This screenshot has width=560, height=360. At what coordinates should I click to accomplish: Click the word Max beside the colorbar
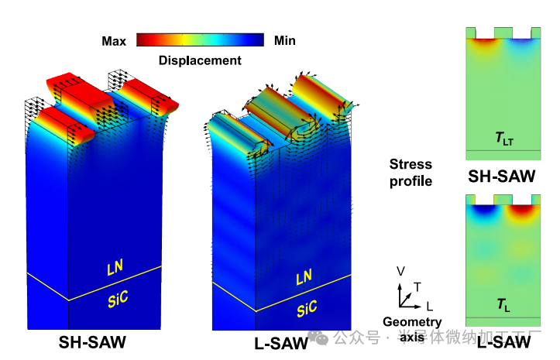point(114,40)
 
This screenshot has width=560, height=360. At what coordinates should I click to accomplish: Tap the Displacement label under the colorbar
point(199,60)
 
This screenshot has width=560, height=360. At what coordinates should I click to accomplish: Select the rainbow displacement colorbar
point(199,40)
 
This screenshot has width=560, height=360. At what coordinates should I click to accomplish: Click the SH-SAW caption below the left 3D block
point(92,341)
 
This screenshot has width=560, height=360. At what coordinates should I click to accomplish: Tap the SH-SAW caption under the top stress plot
point(501,177)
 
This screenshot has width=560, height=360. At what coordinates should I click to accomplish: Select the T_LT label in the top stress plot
point(503,139)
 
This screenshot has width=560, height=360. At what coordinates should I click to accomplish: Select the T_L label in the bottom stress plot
point(503,306)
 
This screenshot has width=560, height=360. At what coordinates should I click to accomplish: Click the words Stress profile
point(411,172)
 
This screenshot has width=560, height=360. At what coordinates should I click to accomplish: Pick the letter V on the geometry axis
point(400,272)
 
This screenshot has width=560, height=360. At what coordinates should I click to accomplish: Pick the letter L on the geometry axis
point(429,306)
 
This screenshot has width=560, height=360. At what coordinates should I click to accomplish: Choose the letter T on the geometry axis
point(417,287)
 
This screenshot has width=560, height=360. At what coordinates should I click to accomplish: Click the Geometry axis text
point(411,328)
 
